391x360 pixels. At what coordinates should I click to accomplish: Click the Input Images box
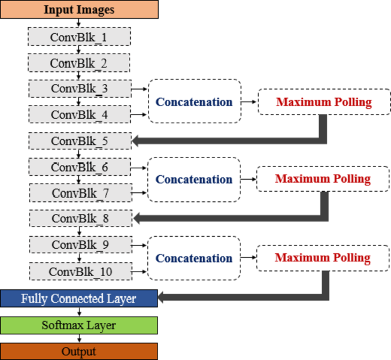(x=79, y=10)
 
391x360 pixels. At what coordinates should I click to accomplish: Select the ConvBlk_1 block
(x=79, y=37)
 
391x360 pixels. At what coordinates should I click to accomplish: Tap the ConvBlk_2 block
(x=79, y=63)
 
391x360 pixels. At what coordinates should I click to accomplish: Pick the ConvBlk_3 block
(x=79, y=88)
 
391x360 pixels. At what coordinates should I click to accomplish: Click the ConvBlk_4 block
(x=79, y=114)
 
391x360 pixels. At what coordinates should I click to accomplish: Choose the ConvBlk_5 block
(x=79, y=140)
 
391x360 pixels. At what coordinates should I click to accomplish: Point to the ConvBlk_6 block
(x=79, y=167)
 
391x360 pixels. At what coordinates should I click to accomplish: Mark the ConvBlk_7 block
(x=79, y=192)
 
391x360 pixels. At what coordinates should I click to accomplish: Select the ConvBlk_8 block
(x=79, y=218)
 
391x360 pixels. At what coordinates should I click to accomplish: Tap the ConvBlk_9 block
(x=79, y=244)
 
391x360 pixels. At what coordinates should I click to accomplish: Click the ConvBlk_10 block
(x=79, y=270)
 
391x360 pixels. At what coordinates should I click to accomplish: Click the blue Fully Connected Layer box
(x=79, y=298)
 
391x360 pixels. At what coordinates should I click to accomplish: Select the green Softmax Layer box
(x=79, y=325)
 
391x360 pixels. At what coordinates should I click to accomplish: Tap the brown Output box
(x=79, y=351)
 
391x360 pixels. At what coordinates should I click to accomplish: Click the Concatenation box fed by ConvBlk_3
(x=194, y=102)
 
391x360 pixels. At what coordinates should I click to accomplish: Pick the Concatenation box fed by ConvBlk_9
(x=194, y=258)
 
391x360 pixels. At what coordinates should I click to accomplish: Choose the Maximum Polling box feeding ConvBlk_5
(x=323, y=102)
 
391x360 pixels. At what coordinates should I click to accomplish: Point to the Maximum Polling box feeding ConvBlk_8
(x=323, y=179)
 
